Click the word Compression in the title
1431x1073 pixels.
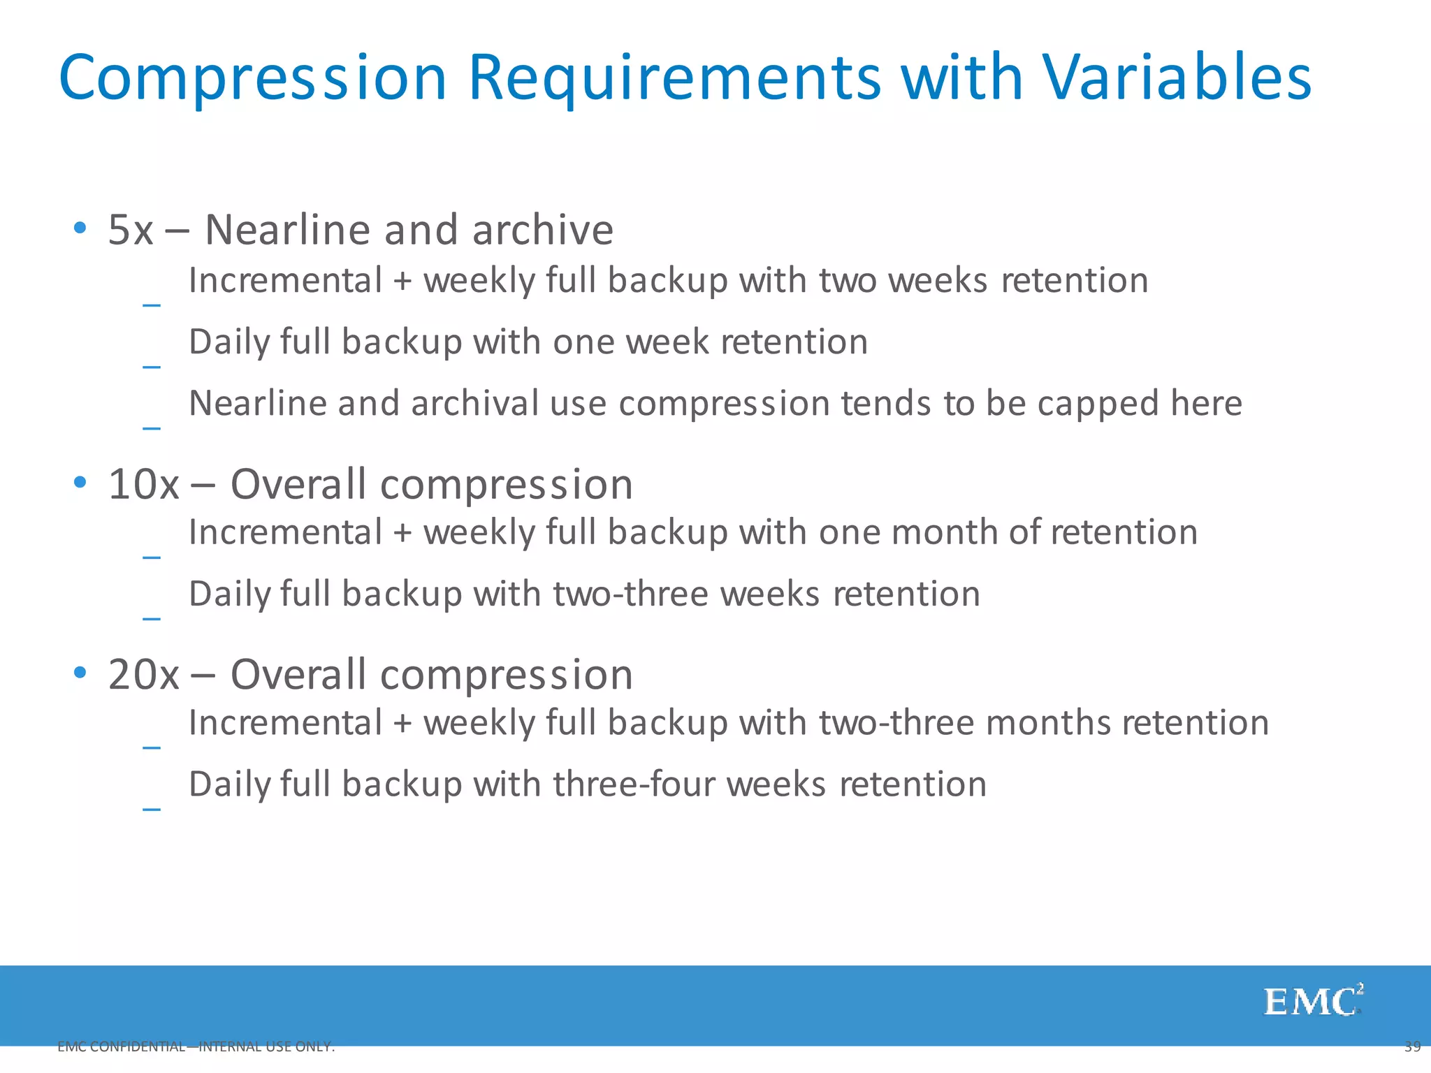tap(252, 78)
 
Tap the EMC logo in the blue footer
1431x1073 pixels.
tap(1312, 1002)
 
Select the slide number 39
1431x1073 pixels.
tap(1412, 1046)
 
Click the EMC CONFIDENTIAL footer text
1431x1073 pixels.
tap(196, 1046)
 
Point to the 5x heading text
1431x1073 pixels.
tap(131, 230)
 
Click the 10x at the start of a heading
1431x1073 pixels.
tap(143, 484)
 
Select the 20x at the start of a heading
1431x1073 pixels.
tap(143, 675)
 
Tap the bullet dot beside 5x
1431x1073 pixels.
tap(80, 228)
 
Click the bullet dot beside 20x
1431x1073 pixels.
tap(80, 673)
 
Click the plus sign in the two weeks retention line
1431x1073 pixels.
tap(402, 282)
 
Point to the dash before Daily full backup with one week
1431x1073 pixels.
tap(152, 366)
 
